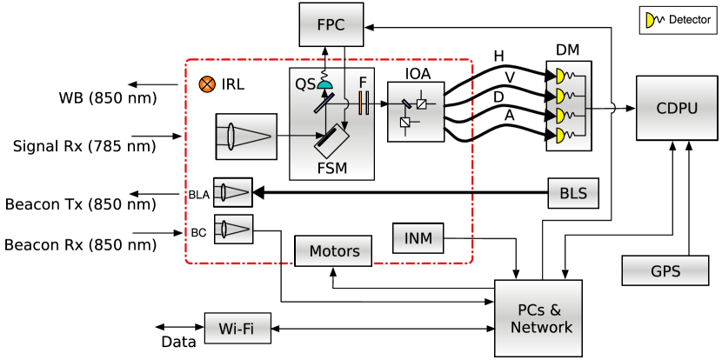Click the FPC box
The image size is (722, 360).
pyautogui.click(x=330, y=25)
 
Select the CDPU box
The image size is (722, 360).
pyautogui.click(x=676, y=108)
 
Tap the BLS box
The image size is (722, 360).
pyautogui.click(x=573, y=193)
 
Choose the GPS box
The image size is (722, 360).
pyautogui.click(x=665, y=270)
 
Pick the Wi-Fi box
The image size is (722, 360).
pyautogui.click(x=237, y=329)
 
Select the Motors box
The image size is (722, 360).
pyautogui.click(x=334, y=251)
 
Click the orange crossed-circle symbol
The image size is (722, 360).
pyautogui.click(x=207, y=84)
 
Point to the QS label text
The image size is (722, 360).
pyautogui.click(x=304, y=84)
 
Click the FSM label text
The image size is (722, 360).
pyautogui.click(x=331, y=167)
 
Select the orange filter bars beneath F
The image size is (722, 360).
pyautogui.click(x=364, y=104)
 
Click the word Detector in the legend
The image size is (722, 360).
pyautogui.click(x=689, y=19)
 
